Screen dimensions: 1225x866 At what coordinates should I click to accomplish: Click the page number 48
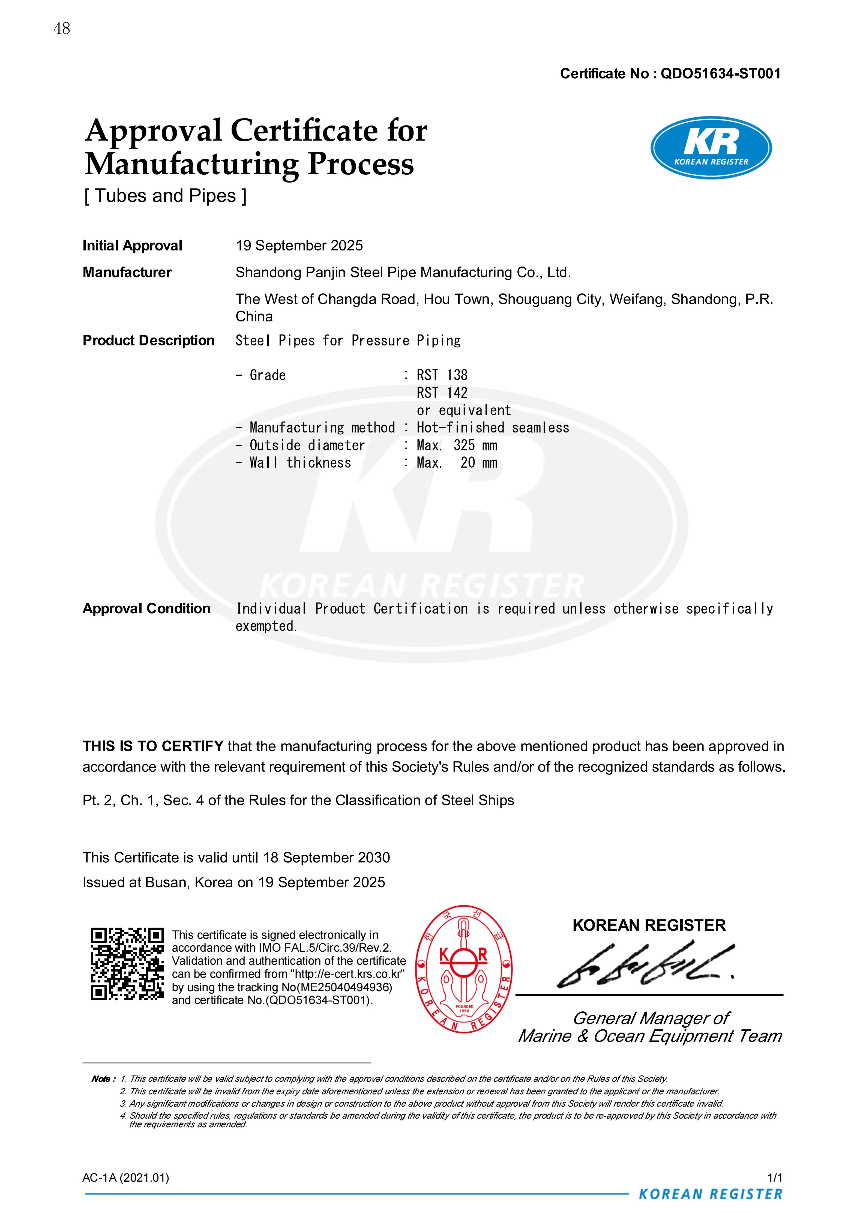pyautogui.click(x=62, y=28)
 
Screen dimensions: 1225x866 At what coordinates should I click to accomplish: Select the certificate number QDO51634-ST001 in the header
pyautogui.click(x=720, y=74)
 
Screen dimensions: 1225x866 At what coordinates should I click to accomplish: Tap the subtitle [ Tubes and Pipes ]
pyautogui.click(x=165, y=196)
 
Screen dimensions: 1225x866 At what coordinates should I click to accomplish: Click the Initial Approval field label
pyautogui.click(x=132, y=246)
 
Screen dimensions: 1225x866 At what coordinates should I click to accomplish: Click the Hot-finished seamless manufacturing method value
pyautogui.click(x=493, y=427)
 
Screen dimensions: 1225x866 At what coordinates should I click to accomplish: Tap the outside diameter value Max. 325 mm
pyautogui.click(x=457, y=445)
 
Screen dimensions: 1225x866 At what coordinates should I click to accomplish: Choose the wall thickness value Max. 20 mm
pyautogui.click(x=457, y=462)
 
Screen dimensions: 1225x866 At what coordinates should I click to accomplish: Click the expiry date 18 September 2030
pyautogui.click(x=326, y=857)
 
